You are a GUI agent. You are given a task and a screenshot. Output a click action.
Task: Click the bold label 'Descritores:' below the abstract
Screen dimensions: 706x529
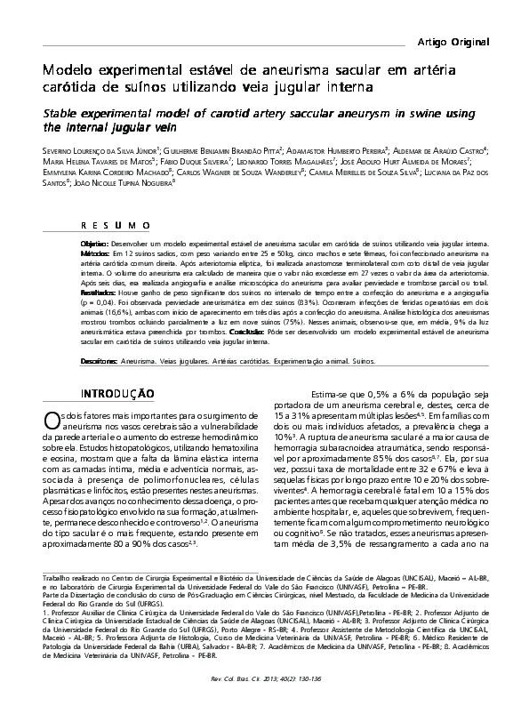(x=100, y=362)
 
